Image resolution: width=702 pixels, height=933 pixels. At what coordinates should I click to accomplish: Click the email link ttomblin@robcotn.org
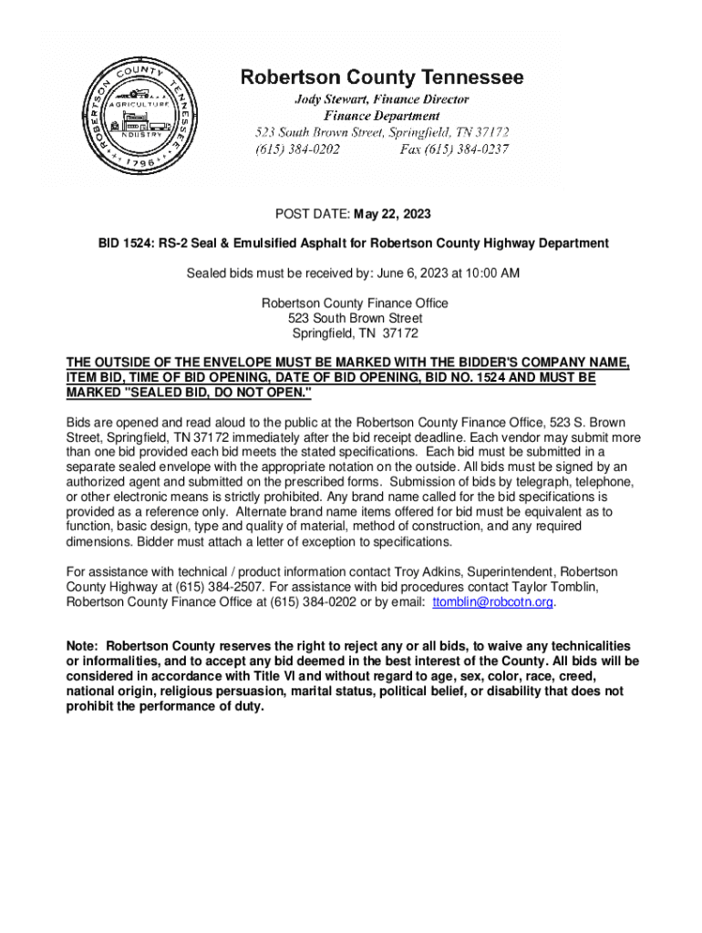pos(493,602)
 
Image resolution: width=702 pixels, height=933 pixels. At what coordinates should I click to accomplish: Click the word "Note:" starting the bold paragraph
pos(85,645)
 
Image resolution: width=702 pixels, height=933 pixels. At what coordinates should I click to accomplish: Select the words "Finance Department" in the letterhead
pos(382,116)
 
